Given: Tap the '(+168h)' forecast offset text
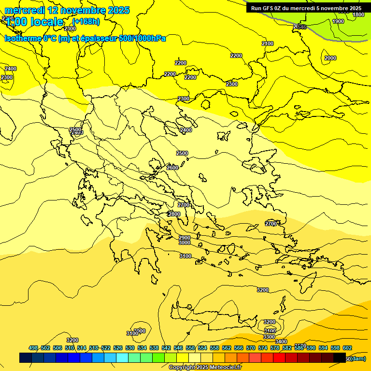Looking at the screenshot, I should [86, 22].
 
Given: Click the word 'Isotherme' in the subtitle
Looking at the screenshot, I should [22, 38].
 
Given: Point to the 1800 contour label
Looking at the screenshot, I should [358, 15].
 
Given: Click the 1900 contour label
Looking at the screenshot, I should [338, 21].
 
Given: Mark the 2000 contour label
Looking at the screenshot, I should [330, 58].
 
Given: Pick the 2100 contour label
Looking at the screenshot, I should [268, 44].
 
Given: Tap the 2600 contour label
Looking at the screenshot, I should [172, 168].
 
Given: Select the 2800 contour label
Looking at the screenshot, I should [174, 214].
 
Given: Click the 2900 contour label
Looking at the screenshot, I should [185, 238].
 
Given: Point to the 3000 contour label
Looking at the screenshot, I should [185, 243].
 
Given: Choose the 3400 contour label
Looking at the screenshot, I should [281, 342].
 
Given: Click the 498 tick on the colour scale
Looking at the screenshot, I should [33, 348].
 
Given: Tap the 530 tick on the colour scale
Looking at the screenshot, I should [129, 348].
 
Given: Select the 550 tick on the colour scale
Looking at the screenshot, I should [190, 348].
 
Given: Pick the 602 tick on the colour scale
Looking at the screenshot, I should [347, 348].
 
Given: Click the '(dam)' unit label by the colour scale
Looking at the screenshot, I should [357, 358].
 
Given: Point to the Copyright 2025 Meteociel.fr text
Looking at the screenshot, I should [204, 367].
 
